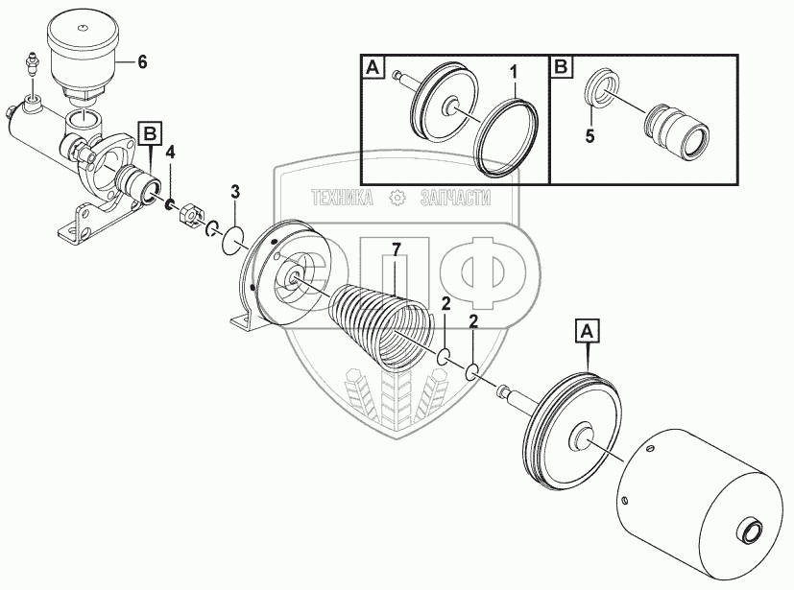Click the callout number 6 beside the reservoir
[142, 62]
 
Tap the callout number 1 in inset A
[514, 73]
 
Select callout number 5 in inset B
[589, 136]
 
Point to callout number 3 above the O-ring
[235, 192]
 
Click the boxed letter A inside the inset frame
[373, 67]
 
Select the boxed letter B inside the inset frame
[562, 67]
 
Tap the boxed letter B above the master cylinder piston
[151, 134]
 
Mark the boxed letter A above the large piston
[587, 331]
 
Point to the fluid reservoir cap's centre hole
[82, 26]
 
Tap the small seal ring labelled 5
[603, 88]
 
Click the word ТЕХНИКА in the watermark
[343, 198]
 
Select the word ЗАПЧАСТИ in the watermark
[455, 198]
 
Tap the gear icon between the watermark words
[397, 198]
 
